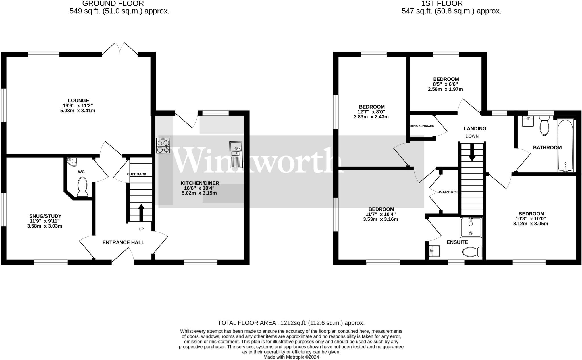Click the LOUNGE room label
78,100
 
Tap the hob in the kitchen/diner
163,145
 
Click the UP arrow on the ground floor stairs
141,212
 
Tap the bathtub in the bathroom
566,146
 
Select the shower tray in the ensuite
471,227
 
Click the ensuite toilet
472,252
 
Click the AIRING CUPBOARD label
421,126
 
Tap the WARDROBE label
450,192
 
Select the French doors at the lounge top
120,49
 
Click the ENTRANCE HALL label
123,242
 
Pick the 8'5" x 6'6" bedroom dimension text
446,84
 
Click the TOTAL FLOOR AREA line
291,323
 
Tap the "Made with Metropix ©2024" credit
291,357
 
